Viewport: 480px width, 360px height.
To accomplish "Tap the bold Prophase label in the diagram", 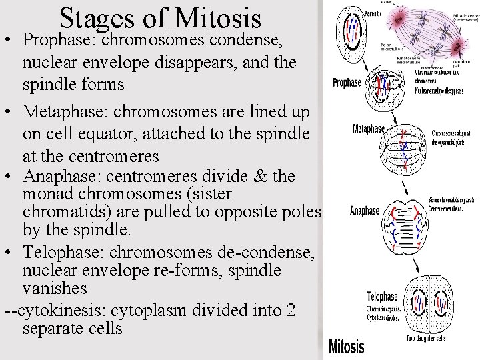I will [x=347, y=83].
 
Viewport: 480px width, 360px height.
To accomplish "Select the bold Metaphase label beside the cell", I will [x=368, y=128].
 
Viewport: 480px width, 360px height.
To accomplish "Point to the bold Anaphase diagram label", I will [x=365, y=211].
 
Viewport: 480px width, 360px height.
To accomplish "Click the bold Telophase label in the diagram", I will [x=382, y=297].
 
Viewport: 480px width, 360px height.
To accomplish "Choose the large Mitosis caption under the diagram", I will [x=346, y=346].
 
